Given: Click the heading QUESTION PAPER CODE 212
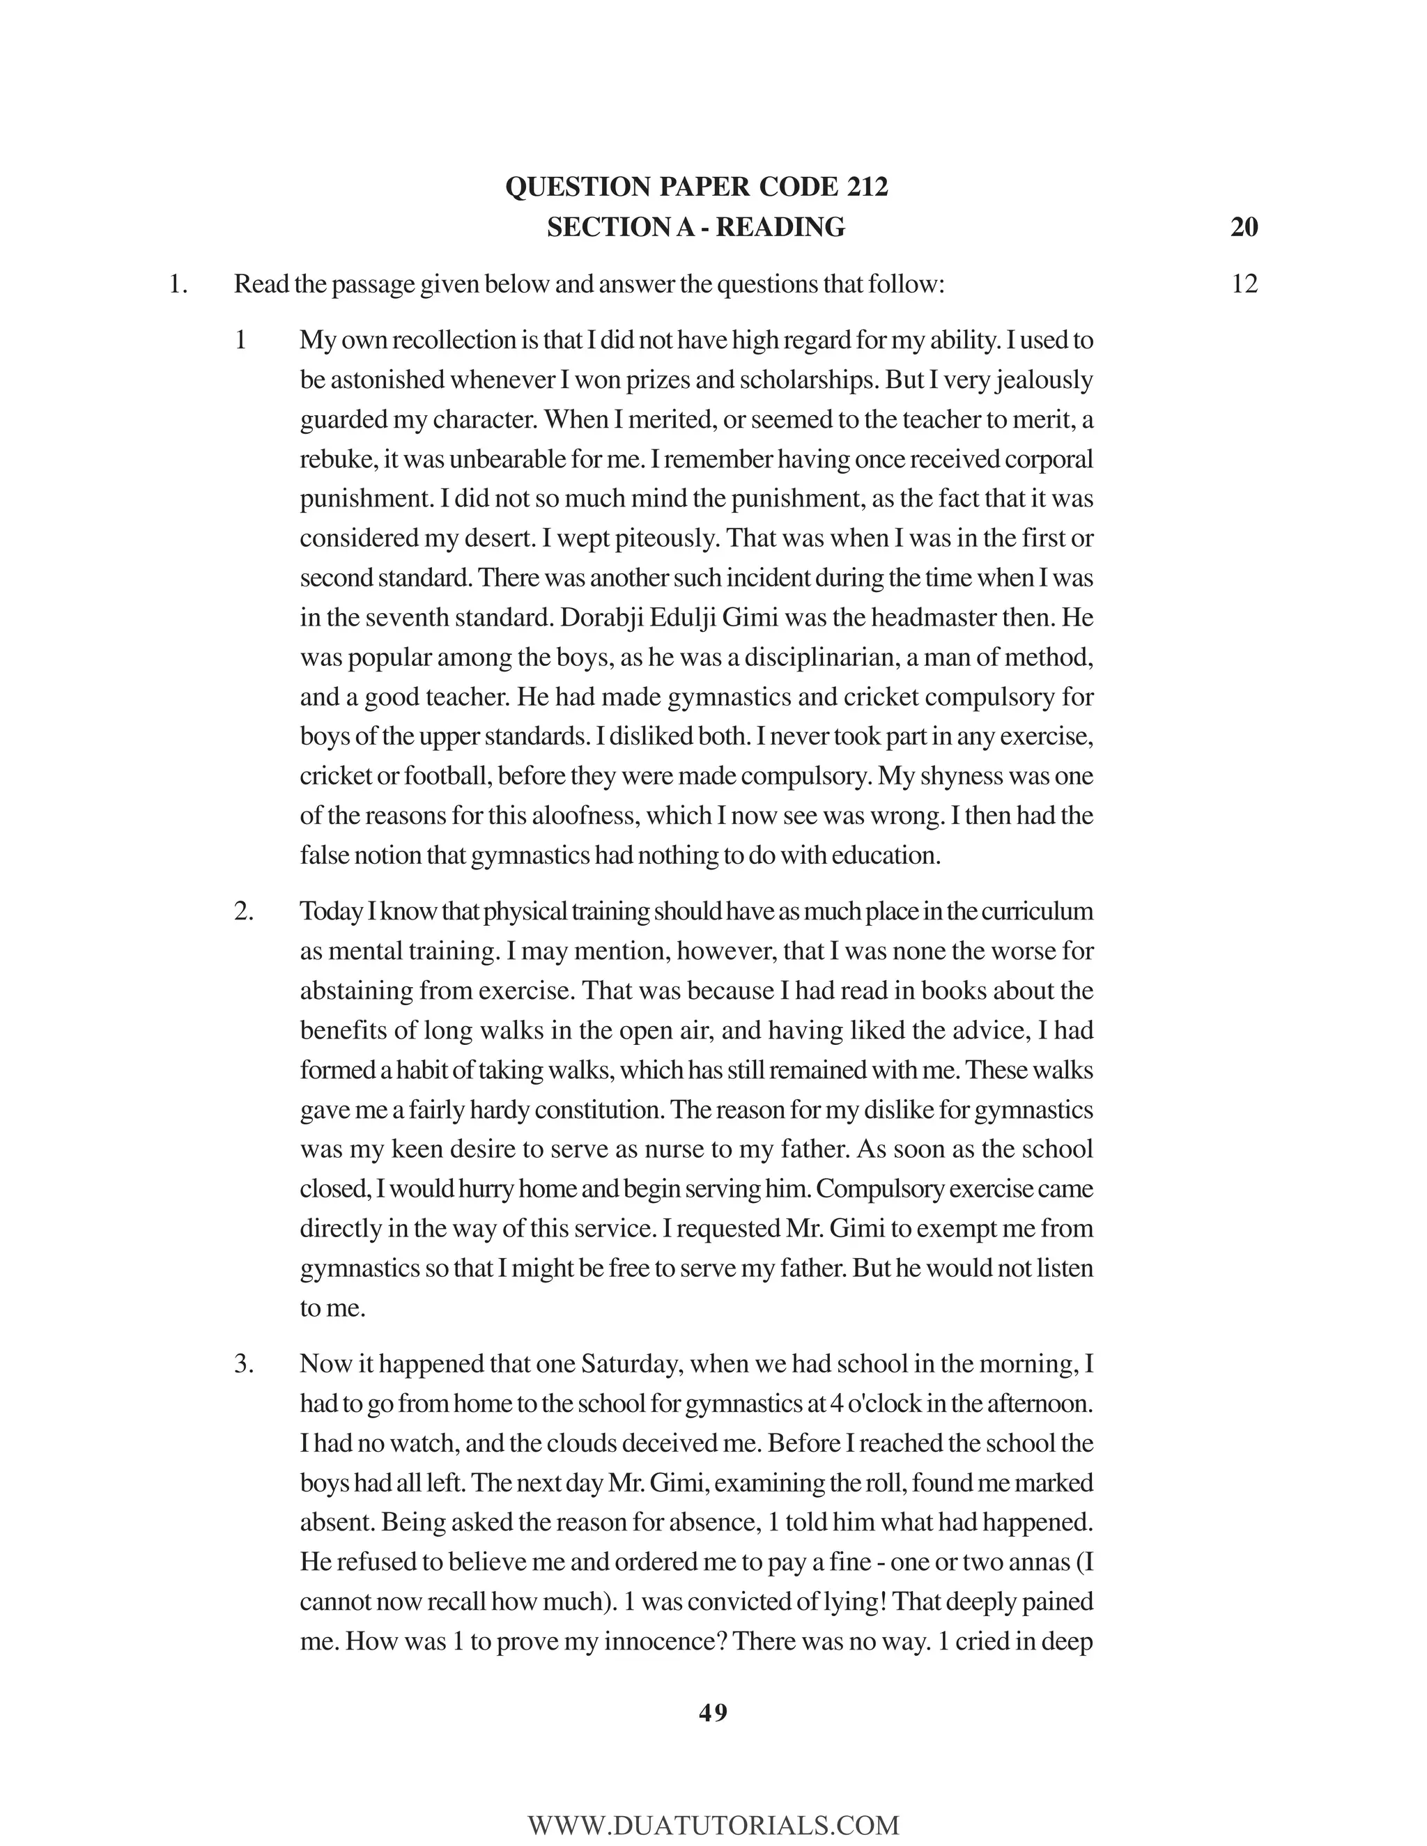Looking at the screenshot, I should point(697,187).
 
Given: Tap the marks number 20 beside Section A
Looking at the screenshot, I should point(1244,227).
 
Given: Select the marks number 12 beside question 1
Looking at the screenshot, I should point(1244,284).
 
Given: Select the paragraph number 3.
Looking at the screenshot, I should point(243,1364).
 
